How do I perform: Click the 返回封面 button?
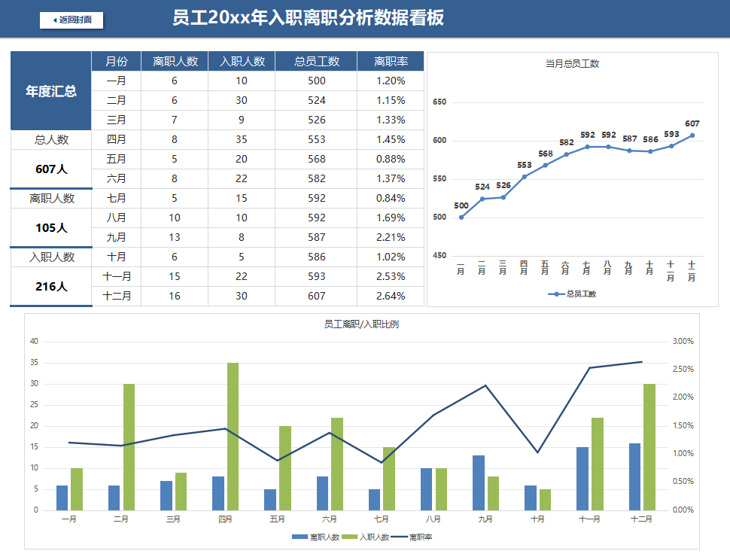pyautogui.click(x=71, y=20)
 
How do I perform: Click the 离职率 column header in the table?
pyautogui.click(x=391, y=62)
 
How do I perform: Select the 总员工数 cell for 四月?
pyautogui.click(x=316, y=139)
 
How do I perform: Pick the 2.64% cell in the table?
pyautogui.click(x=391, y=296)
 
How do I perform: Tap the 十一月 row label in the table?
pyautogui.click(x=117, y=276)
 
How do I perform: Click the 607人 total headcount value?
pyautogui.click(x=51, y=169)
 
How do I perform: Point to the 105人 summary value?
pyautogui.click(x=51, y=227)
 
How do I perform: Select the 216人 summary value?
pyautogui.click(x=51, y=286)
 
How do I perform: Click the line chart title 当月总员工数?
pyautogui.click(x=572, y=64)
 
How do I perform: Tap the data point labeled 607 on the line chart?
pyautogui.click(x=692, y=135)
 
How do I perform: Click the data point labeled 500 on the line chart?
pyautogui.click(x=461, y=218)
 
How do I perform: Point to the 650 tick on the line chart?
pyautogui.click(x=440, y=102)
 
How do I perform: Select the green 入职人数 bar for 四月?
pyautogui.click(x=233, y=437)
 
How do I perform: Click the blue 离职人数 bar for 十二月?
pyautogui.click(x=634, y=476)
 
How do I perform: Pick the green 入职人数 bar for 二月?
pyautogui.click(x=129, y=447)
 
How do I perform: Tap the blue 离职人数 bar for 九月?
pyautogui.click(x=479, y=482)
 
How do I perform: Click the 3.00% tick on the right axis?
pyautogui.click(x=683, y=341)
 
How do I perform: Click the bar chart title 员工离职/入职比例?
pyautogui.click(x=361, y=324)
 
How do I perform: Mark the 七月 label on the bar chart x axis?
pyautogui.click(x=382, y=519)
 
